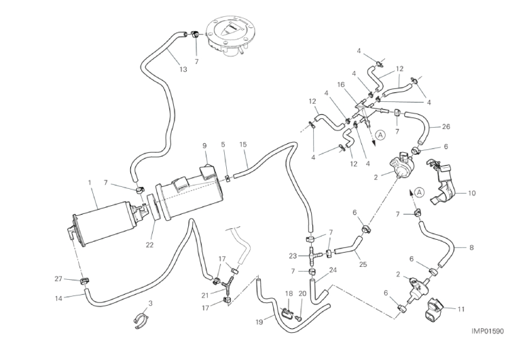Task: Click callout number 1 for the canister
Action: pos(89,183)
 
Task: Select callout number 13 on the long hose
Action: pos(183,69)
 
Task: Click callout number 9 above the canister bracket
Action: pos(203,145)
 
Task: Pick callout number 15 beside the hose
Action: pos(243,144)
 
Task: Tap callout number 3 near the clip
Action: pos(150,302)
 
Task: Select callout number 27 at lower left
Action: pos(58,278)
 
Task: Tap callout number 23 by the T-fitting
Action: pos(293,256)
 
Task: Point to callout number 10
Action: pos(471,193)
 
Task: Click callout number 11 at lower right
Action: pos(461,309)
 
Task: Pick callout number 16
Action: pos(342,85)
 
